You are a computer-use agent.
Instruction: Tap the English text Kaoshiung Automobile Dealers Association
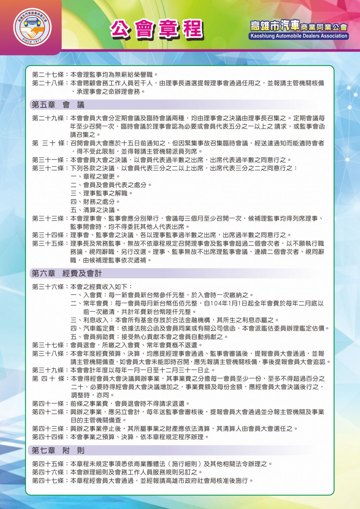point(299,36)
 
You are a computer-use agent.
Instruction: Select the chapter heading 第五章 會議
point(58,105)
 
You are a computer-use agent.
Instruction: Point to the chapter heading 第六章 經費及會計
point(67,273)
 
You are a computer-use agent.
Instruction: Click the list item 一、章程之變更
point(95,177)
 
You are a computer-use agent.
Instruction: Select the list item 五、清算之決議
point(95,210)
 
